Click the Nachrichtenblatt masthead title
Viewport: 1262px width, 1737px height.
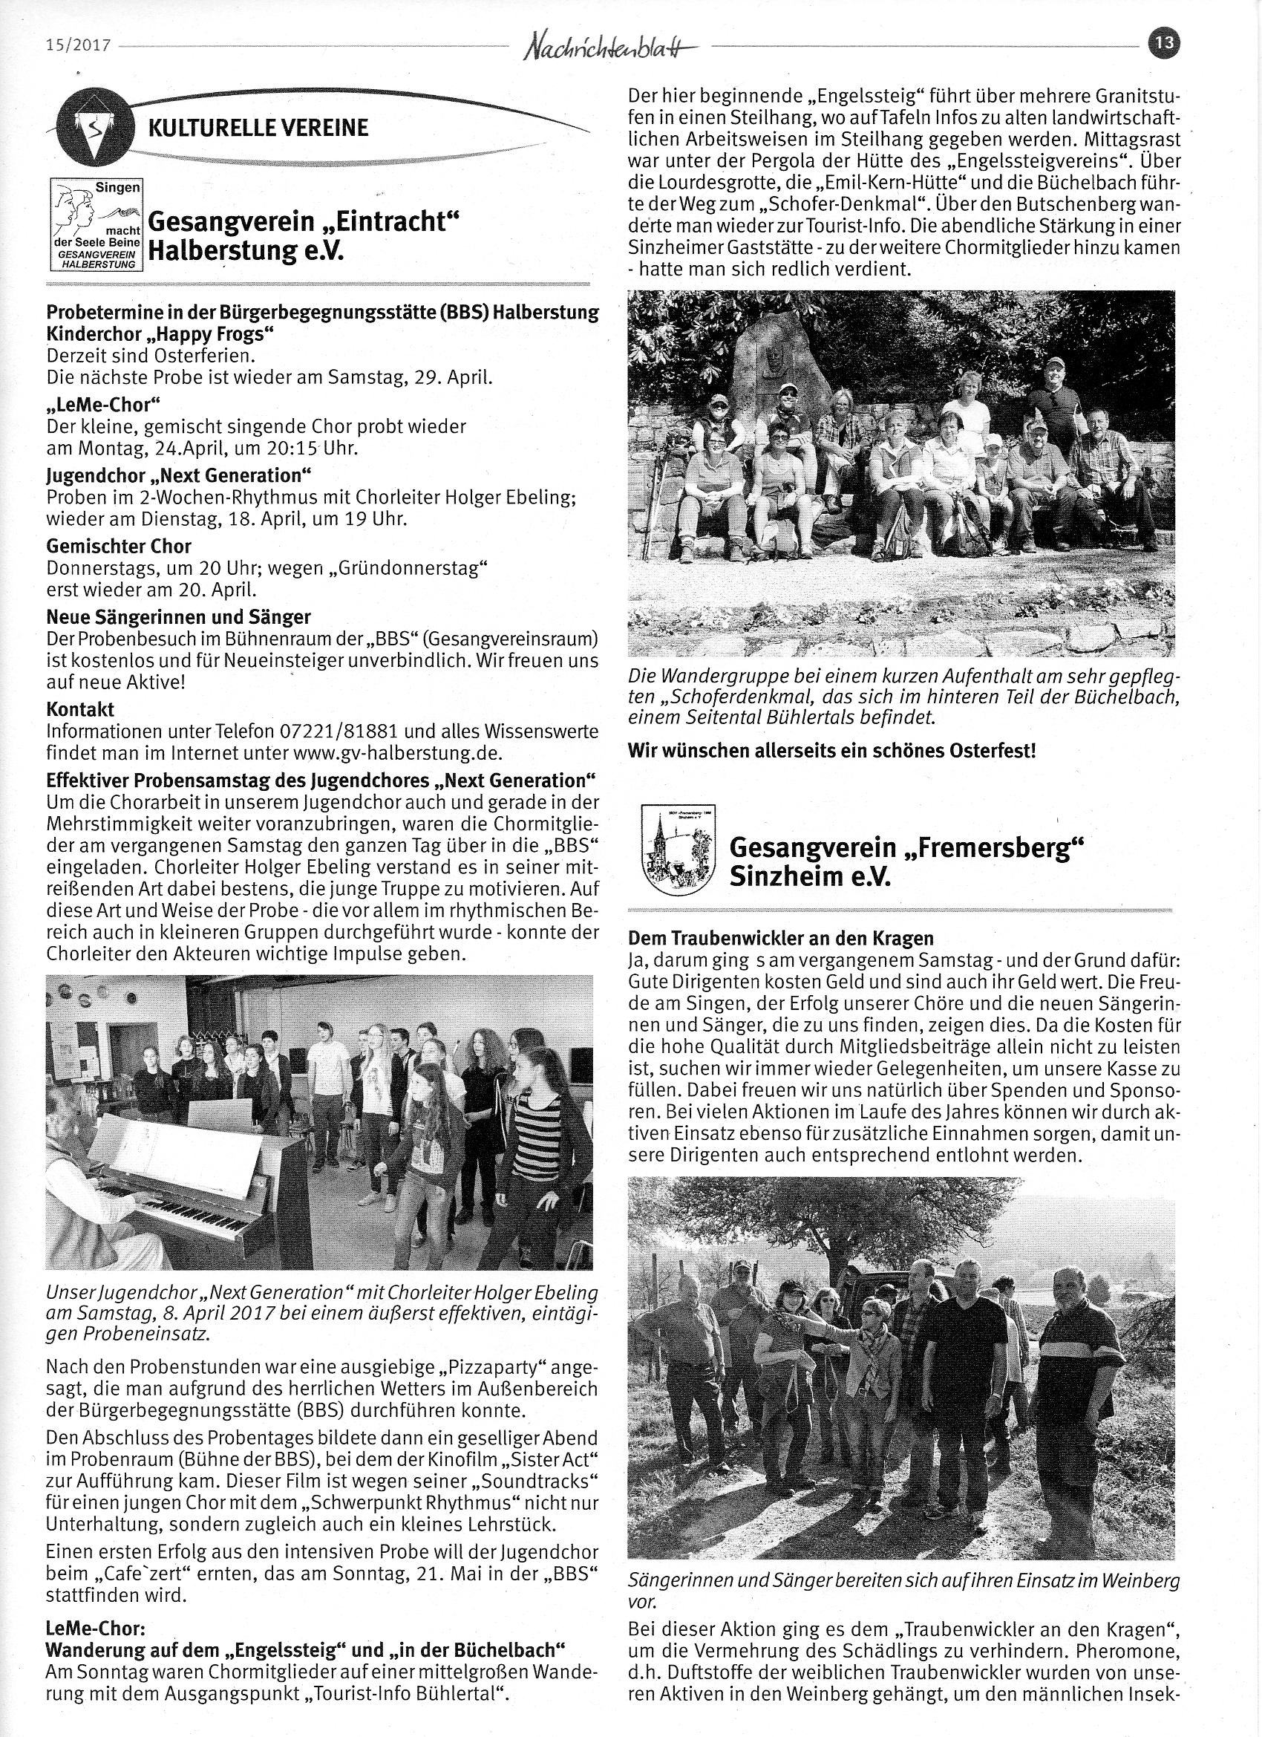point(611,48)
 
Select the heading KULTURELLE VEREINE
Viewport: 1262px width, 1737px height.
point(258,128)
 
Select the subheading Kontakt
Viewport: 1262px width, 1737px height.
point(80,709)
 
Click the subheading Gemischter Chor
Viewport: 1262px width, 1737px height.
point(119,546)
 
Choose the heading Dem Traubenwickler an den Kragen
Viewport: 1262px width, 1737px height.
point(780,937)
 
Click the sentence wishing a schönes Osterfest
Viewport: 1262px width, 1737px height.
point(831,751)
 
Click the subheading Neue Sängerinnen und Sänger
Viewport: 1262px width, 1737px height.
point(178,616)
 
